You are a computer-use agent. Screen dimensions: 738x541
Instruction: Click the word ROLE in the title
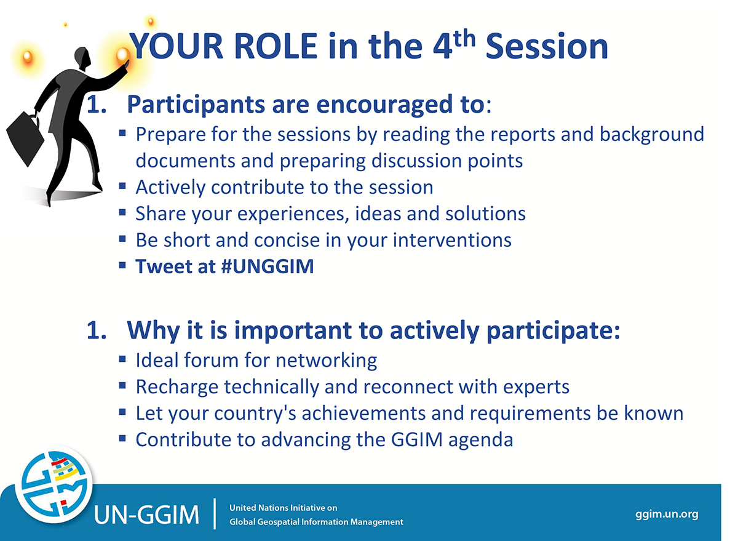pyautogui.click(x=276, y=46)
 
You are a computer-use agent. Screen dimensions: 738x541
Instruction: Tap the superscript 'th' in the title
pyautogui.click(x=464, y=39)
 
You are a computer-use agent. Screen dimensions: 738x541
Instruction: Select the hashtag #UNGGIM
pyautogui.click(x=267, y=266)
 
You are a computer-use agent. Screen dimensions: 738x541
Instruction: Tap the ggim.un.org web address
pyautogui.click(x=667, y=514)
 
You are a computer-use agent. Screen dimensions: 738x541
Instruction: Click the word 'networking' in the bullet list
pyautogui.click(x=326, y=360)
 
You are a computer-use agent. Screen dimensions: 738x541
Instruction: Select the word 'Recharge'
pyautogui.click(x=177, y=387)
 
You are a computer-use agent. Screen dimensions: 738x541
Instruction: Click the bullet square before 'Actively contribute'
pyautogui.click(x=122, y=186)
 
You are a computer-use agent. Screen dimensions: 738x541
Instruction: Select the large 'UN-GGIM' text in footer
pyautogui.click(x=146, y=515)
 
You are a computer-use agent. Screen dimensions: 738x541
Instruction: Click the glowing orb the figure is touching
pyautogui.click(x=123, y=54)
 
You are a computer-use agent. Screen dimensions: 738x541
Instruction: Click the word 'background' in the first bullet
pyautogui.click(x=652, y=135)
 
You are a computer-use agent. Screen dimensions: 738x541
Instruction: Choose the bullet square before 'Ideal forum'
pyautogui.click(x=122, y=359)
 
